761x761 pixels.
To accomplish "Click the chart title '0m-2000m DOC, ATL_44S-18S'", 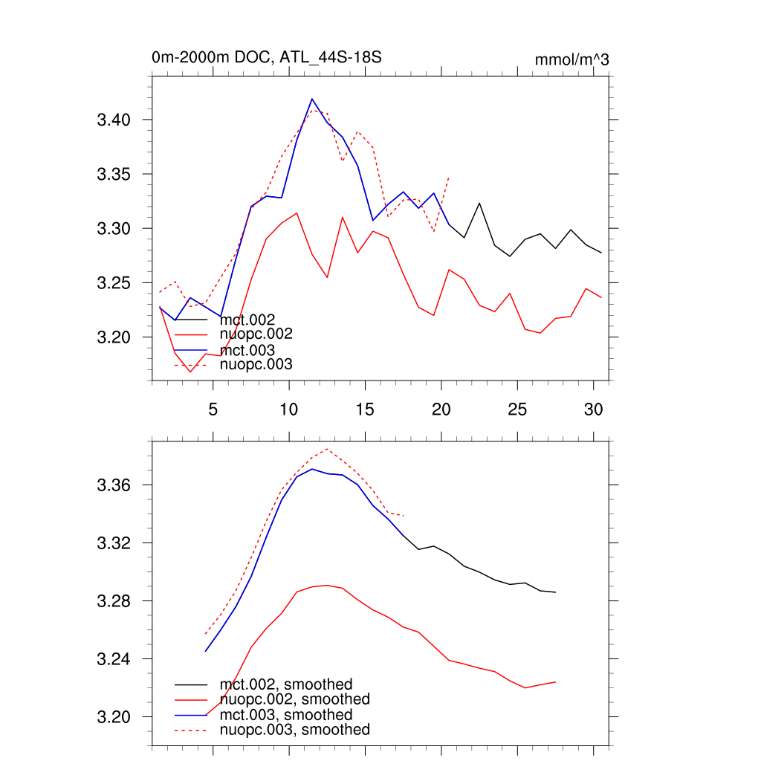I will tap(266, 58).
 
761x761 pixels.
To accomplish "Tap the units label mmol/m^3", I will tap(571, 59).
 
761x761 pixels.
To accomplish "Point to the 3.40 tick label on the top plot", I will tap(114, 120).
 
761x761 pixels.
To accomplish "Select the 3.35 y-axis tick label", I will tap(114, 175).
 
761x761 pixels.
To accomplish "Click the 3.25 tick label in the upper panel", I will tap(114, 283).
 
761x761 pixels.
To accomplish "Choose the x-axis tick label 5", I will tap(213, 409).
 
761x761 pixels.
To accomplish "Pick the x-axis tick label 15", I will tap(365, 409).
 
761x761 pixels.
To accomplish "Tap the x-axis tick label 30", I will tap(593, 409).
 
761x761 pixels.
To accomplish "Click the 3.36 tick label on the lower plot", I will tap(114, 485).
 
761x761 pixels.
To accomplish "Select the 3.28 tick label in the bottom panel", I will tap(114, 601).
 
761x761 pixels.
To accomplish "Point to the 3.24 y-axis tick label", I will tap(114, 659).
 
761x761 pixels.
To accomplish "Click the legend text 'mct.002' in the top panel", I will tap(247, 320).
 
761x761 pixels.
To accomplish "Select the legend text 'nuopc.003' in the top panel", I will tap(256, 364).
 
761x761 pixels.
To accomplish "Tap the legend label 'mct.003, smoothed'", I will tap(285, 715).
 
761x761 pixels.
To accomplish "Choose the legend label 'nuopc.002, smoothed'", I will tap(294, 699).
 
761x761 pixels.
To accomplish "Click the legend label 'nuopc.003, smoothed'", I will tap(294, 730).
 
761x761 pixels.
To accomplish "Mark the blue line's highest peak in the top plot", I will tap(312, 99).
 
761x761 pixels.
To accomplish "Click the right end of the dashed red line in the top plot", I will tap(449, 178).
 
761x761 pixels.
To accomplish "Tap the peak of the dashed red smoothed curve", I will tap(327, 449).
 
